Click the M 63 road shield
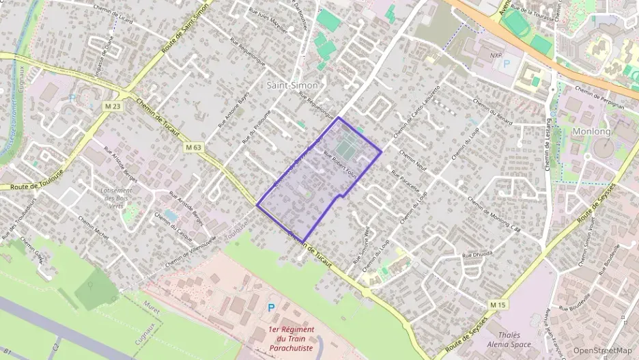tap(193, 146)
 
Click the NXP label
tap(496, 53)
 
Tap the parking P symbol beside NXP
tap(507, 64)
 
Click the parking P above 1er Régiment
tap(272, 309)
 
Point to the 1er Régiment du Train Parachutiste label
tap(292, 338)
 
